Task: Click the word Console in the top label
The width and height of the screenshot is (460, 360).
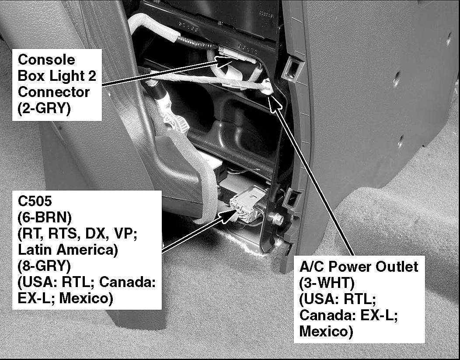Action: coord(46,60)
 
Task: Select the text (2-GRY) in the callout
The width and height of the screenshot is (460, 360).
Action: coord(44,108)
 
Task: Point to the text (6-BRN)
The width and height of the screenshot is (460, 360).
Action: coord(45,217)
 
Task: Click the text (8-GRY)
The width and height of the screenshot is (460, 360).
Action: coord(44,266)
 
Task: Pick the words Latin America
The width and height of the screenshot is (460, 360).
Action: coord(68,250)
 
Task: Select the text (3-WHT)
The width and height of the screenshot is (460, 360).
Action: coord(327,283)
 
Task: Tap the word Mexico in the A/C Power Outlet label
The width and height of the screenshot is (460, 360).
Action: coord(326,331)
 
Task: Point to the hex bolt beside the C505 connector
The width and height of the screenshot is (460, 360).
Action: coord(276,218)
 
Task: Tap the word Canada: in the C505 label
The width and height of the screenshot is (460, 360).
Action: coord(127,282)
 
